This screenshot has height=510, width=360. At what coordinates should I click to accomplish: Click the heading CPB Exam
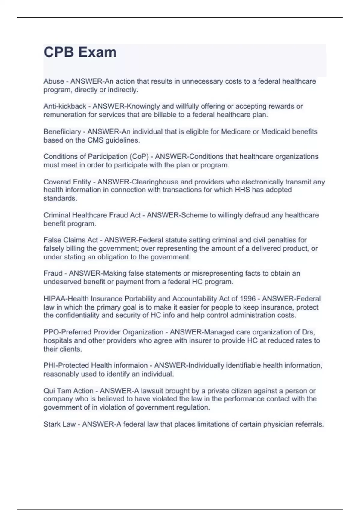[x=80, y=52]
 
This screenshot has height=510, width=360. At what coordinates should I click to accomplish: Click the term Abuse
[x=54, y=81]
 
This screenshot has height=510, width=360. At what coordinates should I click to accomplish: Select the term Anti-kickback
[x=65, y=106]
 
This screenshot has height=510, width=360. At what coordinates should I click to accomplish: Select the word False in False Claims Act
[x=52, y=240]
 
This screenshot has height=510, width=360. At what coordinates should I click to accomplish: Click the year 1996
[x=247, y=299]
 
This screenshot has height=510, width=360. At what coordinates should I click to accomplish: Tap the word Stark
[x=51, y=424]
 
